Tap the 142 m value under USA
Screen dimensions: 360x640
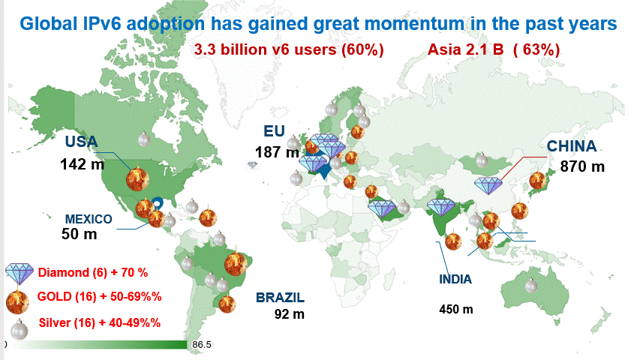tap(83, 163)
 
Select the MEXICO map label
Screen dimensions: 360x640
tap(89, 220)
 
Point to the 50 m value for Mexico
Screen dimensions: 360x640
tap(80, 235)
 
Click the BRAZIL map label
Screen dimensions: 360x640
tap(281, 297)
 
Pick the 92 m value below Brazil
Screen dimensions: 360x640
tap(289, 314)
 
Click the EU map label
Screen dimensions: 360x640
tap(274, 131)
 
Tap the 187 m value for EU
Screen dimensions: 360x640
tap(277, 153)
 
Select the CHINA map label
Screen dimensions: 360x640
tap(571, 146)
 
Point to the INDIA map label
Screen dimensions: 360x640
tap(455, 280)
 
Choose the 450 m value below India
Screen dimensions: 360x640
tap(456, 309)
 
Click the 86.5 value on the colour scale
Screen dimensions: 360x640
tap(203, 345)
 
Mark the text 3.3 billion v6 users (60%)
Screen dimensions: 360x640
tap(289, 51)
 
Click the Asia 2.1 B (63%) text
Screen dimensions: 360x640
tap(494, 51)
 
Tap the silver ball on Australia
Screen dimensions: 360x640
tap(531, 285)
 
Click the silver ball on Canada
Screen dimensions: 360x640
tap(144, 139)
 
